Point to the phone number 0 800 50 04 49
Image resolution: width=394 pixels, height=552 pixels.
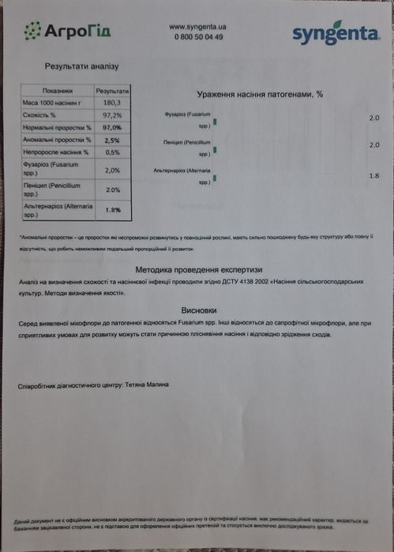197,37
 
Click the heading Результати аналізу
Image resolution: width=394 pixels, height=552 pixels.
81,68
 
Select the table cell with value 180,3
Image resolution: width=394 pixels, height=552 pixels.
112,103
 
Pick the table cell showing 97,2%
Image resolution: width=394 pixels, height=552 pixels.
112,115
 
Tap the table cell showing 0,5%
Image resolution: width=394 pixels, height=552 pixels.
112,152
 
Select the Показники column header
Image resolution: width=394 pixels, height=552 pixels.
57,91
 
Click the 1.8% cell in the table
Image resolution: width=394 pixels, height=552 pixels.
112,210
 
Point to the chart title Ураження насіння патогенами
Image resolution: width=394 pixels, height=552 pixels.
253,94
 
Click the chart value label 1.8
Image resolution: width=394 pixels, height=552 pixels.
374,175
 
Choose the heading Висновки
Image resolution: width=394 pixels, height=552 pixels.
197,310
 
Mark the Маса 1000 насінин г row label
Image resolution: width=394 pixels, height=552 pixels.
52,103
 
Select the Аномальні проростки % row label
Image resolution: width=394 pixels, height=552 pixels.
53,140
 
